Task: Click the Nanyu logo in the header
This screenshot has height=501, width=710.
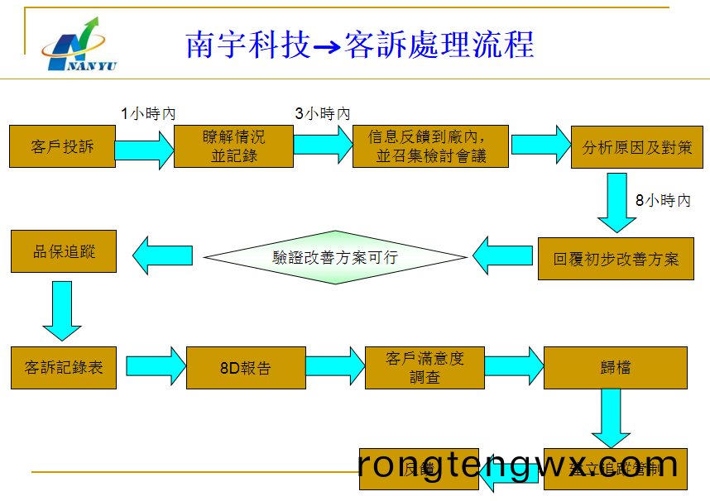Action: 79,45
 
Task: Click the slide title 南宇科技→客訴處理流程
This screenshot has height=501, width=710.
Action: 360,45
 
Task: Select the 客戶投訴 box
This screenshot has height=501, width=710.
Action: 63,147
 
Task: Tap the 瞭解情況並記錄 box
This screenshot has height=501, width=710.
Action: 234,146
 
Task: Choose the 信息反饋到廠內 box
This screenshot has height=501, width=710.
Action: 430,146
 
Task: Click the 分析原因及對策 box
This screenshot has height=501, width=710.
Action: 637,147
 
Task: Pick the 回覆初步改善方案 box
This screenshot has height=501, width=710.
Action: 616,259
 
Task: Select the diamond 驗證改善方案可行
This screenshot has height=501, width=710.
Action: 335,257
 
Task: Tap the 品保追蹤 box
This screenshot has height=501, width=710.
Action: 64,251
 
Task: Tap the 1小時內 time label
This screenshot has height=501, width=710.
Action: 148,114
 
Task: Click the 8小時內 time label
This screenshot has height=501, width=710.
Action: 663,200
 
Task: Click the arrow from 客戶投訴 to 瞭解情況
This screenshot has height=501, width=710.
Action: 145,150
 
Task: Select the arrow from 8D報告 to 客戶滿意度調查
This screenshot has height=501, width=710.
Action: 334,366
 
